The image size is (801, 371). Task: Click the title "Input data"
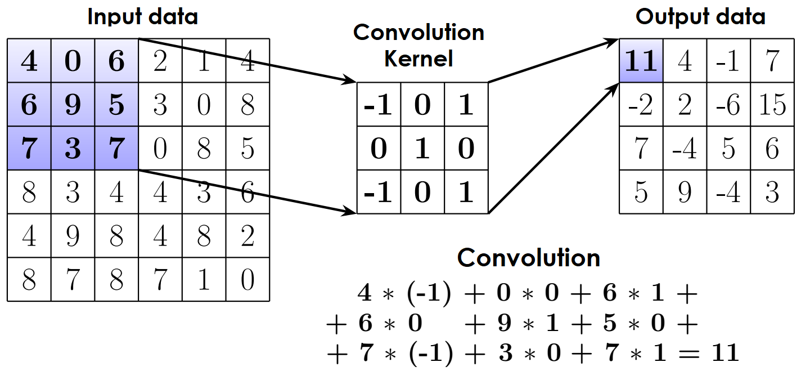tap(143, 17)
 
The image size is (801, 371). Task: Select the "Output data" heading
tap(700, 17)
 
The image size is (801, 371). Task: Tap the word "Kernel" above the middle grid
tap(419, 58)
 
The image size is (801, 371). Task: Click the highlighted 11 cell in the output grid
tap(641, 60)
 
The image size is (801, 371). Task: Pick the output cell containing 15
tap(772, 104)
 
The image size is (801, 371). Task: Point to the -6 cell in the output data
tap(728, 104)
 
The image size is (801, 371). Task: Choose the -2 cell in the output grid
tap(641, 104)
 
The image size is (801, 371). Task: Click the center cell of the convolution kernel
tap(422, 149)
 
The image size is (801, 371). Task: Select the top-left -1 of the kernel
tap(379, 105)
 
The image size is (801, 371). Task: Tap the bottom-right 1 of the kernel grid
tap(466, 193)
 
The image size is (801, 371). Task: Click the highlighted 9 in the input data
tap(73, 104)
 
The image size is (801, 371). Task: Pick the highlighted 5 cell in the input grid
tap(116, 104)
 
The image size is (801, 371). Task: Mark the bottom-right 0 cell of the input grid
tap(247, 279)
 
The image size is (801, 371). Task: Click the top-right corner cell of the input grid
tap(247, 60)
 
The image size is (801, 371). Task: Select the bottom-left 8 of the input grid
tap(29, 279)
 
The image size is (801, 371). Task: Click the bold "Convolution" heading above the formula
tap(529, 258)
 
